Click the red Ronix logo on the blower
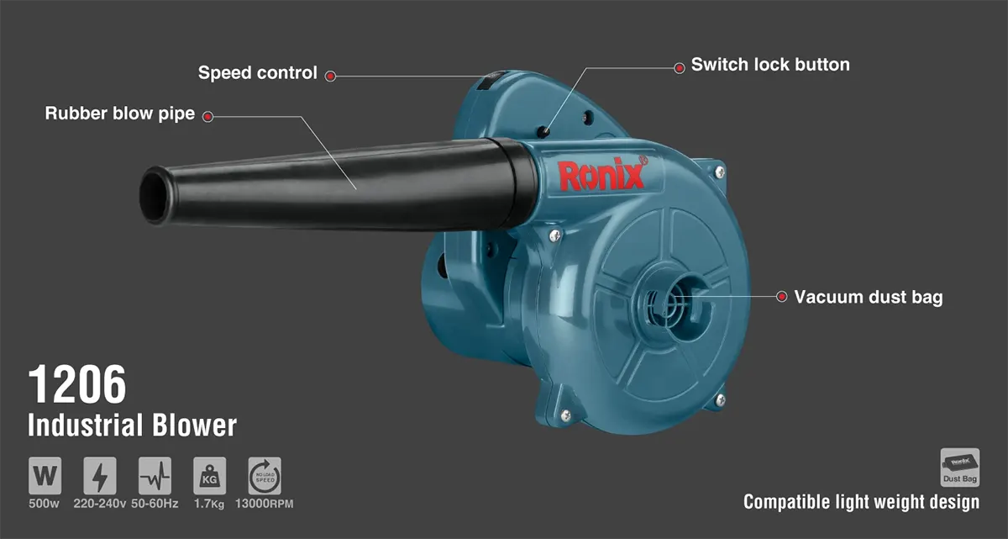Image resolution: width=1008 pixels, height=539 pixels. click(x=602, y=174)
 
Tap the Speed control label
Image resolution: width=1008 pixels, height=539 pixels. click(x=257, y=73)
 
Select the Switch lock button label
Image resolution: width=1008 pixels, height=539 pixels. click(x=770, y=65)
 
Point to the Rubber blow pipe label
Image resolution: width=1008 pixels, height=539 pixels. click(x=119, y=114)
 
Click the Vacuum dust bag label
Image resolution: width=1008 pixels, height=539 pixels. click(x=868, y=297)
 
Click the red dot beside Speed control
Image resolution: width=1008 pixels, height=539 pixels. click(x=330, y=77)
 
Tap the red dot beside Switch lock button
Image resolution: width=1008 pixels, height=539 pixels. click(x=679, y=68)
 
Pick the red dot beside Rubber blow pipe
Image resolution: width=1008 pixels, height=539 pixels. click(x=207, y=117)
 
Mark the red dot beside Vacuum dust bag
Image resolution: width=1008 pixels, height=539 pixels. click(x=782, y=297)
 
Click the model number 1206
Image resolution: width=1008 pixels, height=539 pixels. click(x=77, y=384)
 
